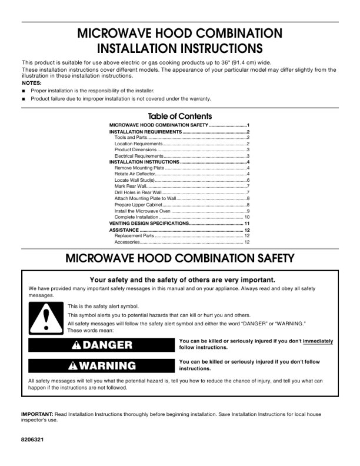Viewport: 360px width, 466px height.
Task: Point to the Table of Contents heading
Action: (180, 116)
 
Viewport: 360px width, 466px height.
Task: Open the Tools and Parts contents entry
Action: (131, 137)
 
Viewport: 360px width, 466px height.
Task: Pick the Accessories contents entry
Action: (127, 242)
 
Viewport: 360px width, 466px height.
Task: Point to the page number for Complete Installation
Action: (247, 217)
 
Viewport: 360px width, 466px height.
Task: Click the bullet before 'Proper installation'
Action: (24, 91)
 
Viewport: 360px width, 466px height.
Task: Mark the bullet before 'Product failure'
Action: (24, 99)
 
